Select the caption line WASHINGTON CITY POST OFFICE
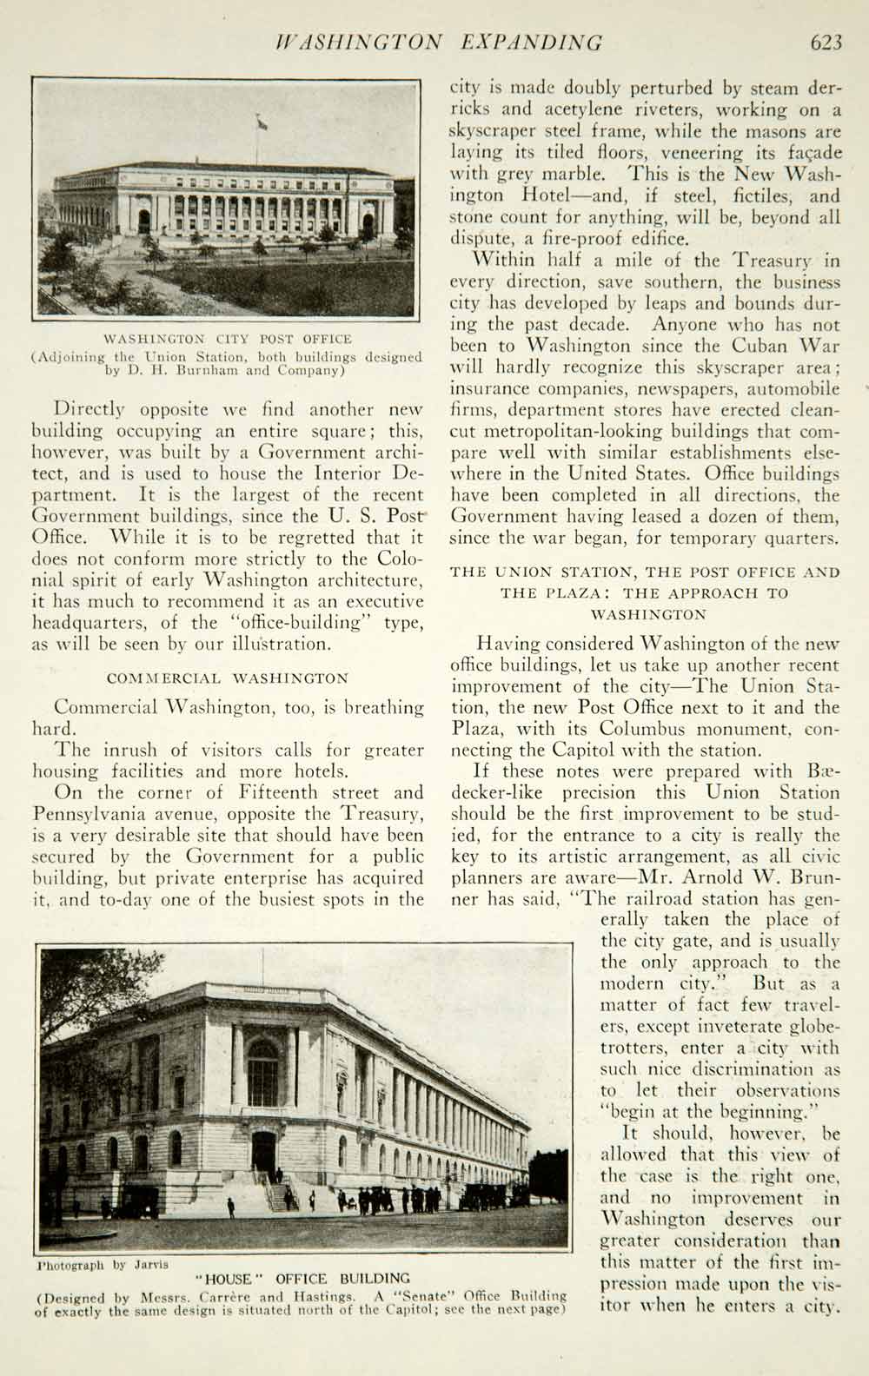tap(228, 339)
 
